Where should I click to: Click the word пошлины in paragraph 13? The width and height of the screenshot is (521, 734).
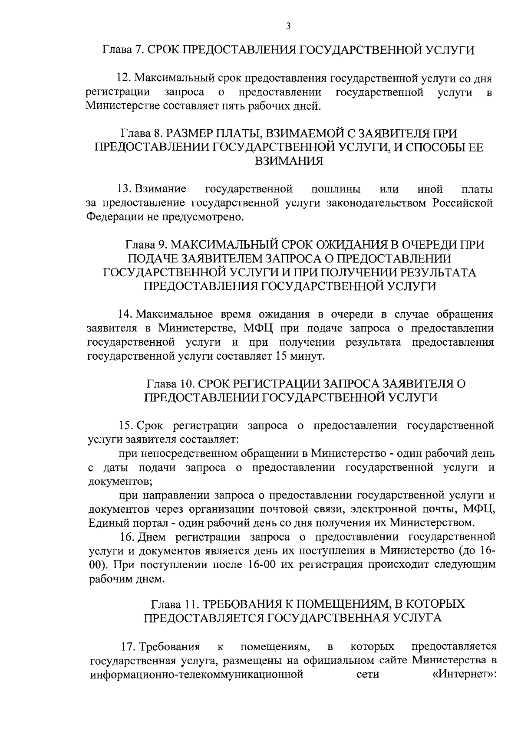tap(336, 189)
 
